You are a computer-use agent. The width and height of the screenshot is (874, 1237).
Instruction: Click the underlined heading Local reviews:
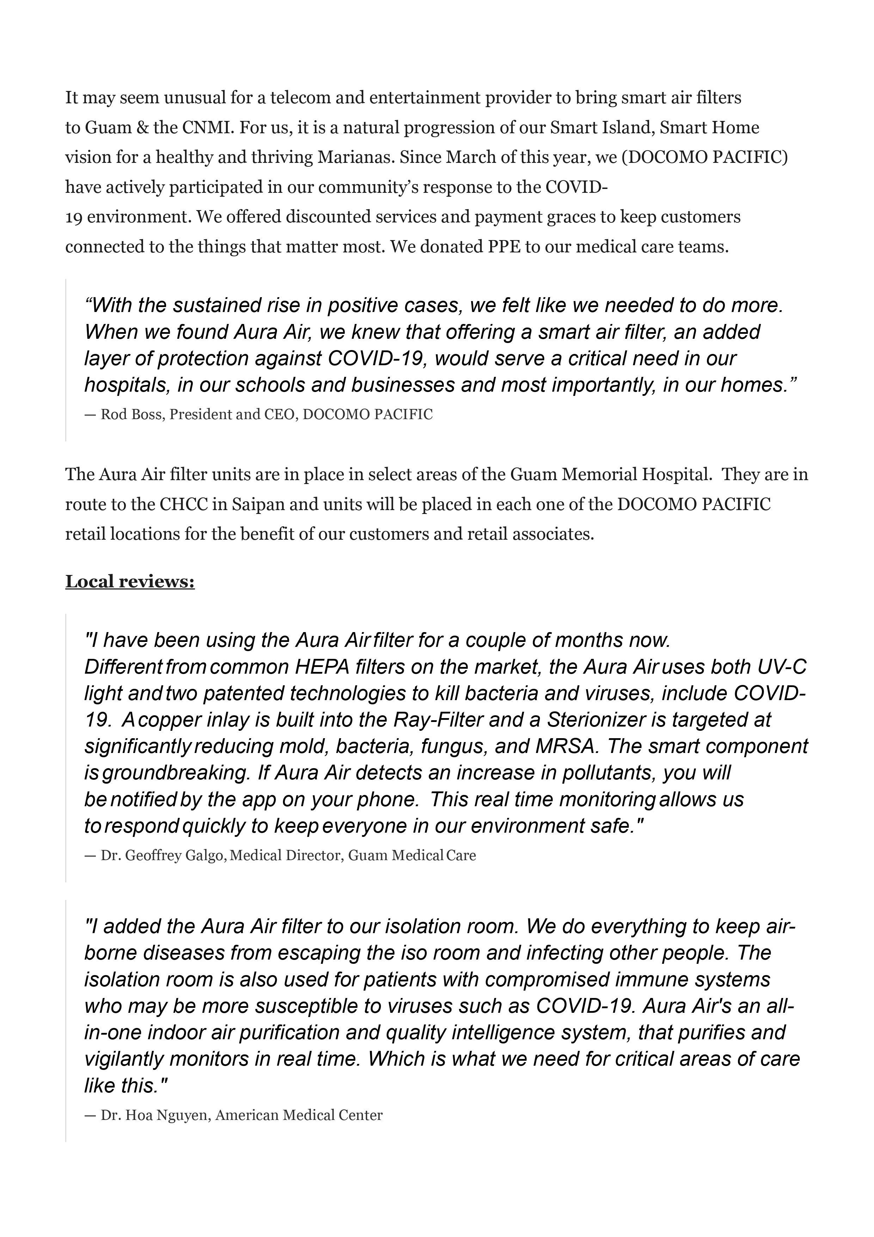click(x=130, y=582)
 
